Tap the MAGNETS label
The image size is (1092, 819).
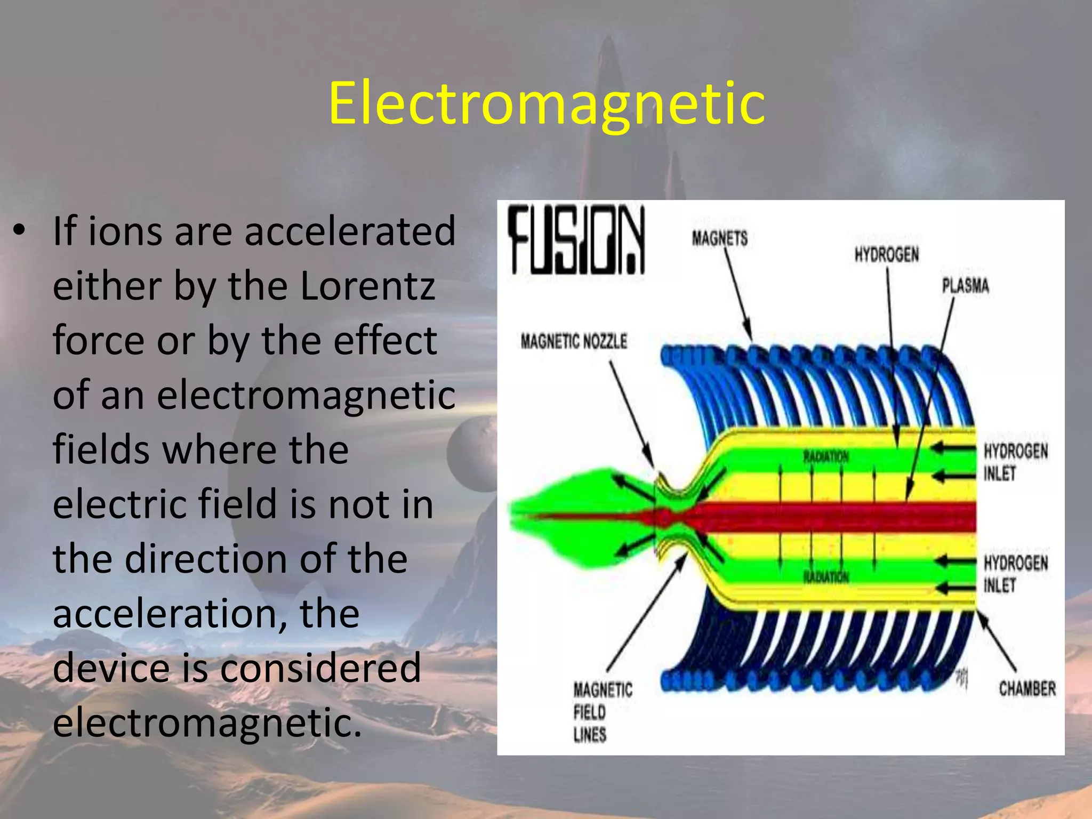720,238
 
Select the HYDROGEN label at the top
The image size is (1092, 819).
887,255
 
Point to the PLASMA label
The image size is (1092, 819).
965,286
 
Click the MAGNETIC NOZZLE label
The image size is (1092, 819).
574,342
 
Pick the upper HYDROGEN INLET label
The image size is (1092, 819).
1015,462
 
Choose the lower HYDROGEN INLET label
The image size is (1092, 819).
1015,574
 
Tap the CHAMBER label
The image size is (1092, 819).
1027,688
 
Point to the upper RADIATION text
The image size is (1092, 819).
826,457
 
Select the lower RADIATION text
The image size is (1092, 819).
826,577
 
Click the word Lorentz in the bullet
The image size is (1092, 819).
368,287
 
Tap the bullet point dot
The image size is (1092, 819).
20,231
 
